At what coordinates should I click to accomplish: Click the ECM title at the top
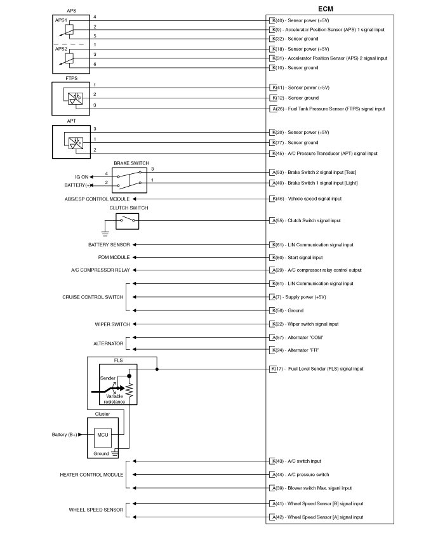pyautogui.click(x=325, y=9)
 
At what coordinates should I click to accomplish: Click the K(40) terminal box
pyautogui.click(x=273, y=21)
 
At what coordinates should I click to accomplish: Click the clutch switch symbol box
pyautogui.click(x=127, y=220)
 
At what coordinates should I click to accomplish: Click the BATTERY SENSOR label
pyautogui.click(x=109, y=244)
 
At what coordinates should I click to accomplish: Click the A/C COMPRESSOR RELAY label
pyautogui.click(x=100, y=270)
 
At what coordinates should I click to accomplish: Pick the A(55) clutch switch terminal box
pyautogui.click(x=273, y=220)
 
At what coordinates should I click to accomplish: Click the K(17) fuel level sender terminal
pyautogui.click(x=273, y=368)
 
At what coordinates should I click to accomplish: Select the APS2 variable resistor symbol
pyautogui.click(x=69, y=58)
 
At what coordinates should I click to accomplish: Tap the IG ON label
pyautogui.click(x=81, y=176)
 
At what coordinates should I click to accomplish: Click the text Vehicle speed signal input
pyautogui.click(x=314, y=199)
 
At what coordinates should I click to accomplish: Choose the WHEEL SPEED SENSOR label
pyautogui.click(x=95, y=510)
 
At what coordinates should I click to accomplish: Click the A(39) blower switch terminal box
pyautogui.click(x=273, y=488)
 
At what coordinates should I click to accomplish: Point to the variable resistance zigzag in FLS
pyautogui.click(x=129, y=392)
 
